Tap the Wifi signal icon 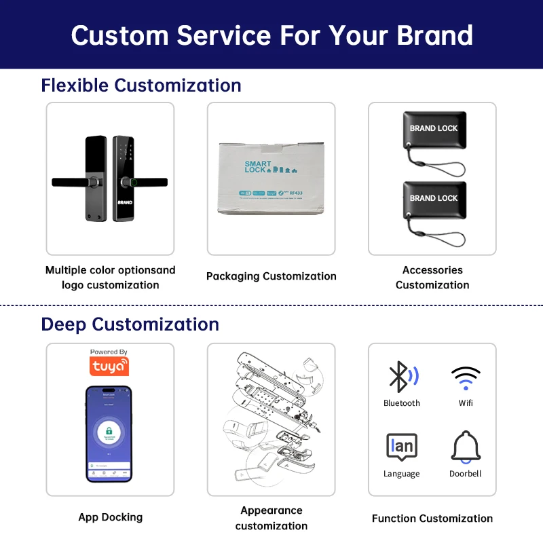465,377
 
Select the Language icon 401,447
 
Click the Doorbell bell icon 465,447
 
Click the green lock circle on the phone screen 109,431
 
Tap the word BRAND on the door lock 126,202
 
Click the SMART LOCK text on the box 258,166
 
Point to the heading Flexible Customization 141,86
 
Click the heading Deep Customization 130,324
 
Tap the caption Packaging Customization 271,276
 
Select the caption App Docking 110,517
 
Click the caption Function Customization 432,519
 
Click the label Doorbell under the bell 465,474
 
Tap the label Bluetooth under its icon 401,403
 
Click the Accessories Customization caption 432,278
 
